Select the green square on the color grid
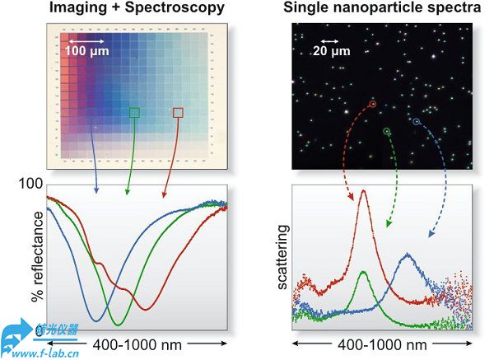point(135,112)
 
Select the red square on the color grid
point(178,112)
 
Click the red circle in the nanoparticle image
point(372,105)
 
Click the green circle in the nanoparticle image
point(387,131)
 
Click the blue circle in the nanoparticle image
point(416,122)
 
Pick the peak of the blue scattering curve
point(408,255)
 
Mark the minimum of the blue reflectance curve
point(97,320)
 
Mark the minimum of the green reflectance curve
point(118,324)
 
